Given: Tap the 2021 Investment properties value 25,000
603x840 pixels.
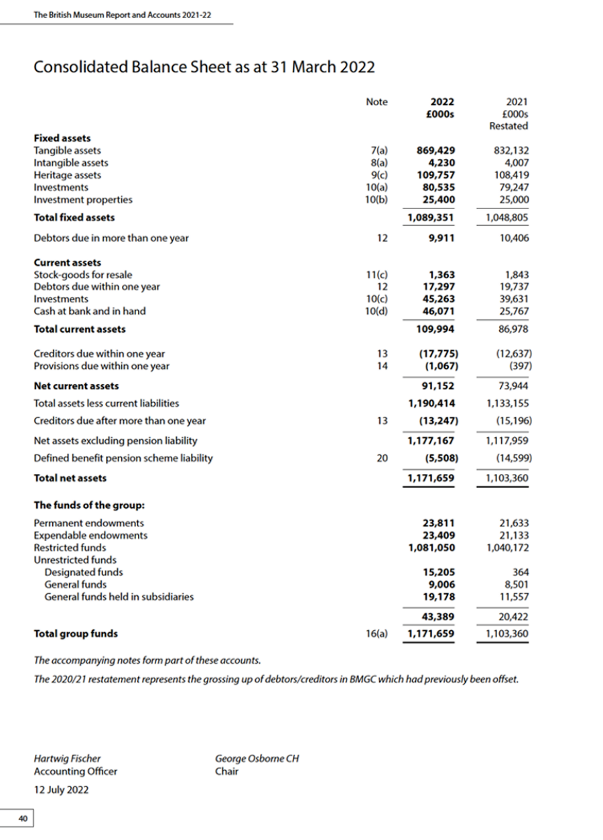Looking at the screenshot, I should point(514,200).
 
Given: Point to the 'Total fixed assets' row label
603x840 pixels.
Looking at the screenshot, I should point(74,217).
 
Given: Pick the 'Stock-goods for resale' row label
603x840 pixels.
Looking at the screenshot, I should point(82,275).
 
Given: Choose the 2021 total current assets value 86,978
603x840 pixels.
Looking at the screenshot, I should point(514,329).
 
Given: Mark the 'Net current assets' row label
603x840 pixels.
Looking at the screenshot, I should point(76,386).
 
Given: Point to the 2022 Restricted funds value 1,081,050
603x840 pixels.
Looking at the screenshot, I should point(432,548).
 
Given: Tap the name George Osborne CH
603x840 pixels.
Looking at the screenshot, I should point(257,759).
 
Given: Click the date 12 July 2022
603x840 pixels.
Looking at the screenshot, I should point(61,790).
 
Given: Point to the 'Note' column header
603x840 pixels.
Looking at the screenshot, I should point(377,102).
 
